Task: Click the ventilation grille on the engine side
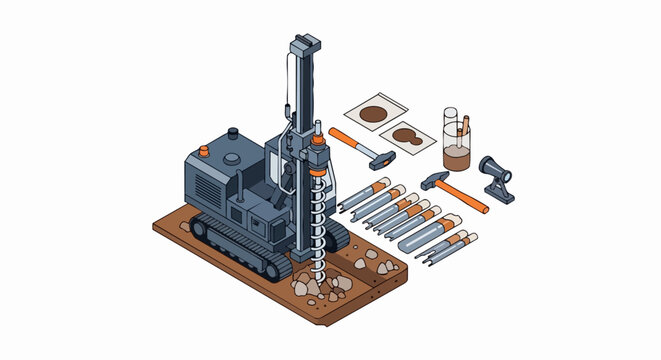tap(205, 186)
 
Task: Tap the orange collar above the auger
tap(319, 174)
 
